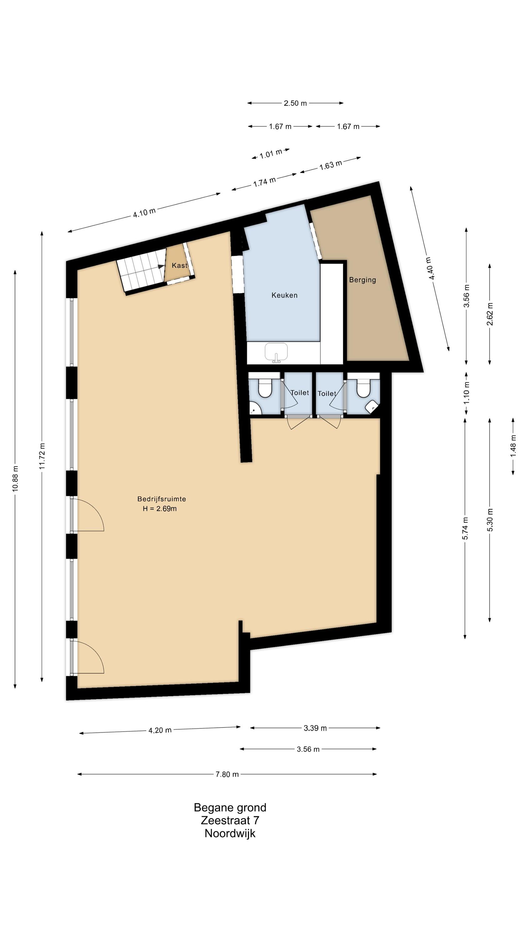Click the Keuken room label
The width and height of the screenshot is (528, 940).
284,295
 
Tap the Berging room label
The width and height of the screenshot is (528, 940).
362,280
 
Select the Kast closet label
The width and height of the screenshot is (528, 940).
179,265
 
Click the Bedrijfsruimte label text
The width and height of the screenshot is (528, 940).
161,499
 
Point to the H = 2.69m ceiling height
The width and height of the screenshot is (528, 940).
160,509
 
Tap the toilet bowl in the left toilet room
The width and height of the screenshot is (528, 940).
265,388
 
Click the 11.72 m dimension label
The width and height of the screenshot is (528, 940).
42,456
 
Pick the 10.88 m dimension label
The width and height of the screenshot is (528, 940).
15,478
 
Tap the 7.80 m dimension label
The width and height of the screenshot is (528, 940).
227,774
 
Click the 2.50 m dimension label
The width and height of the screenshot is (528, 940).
295,103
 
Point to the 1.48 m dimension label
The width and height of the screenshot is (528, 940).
513,445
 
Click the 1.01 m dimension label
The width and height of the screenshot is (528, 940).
271,154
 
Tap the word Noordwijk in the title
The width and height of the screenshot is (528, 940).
230,833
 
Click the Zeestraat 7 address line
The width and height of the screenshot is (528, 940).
230,820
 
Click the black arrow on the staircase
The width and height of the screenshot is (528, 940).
161,267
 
